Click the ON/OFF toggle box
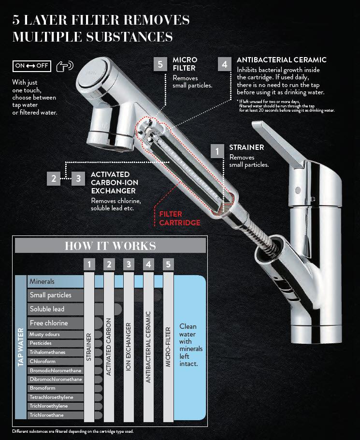[32, 66]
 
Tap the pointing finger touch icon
[65, 66]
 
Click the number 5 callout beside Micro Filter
[160, 64]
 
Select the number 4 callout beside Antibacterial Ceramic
[225, 64]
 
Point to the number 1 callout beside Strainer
[217, 151]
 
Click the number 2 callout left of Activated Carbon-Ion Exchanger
[54, 178]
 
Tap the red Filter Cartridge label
[180, 219]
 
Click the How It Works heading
[111, 246]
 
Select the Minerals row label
[42, 281]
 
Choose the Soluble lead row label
[47, 309]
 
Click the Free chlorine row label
[49, 323]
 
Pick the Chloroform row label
[43, 362]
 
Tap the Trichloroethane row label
[46, 415]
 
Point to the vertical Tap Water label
[21, 347]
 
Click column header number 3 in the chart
[129, 264]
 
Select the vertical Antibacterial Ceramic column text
[148, 347]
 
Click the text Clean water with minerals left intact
[191, 345]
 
